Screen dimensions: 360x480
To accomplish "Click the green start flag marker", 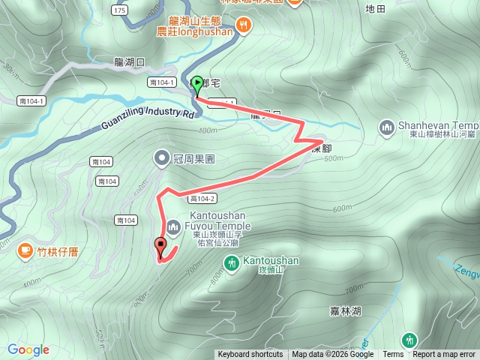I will click(x=197, y=84).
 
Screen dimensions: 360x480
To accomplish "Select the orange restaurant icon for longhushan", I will click(x=244, y=26).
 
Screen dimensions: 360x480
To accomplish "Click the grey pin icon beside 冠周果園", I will click(x=162, y=158).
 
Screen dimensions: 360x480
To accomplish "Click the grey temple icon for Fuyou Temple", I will click(x=173, y=226).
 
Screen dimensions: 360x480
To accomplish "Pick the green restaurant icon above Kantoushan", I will click(x=231, y=262).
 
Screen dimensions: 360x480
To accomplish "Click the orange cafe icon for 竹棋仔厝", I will click(x=25, y=250).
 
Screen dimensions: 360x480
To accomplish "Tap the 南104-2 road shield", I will click(x=203, y=199).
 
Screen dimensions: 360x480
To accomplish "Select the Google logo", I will click(x=28, y=349).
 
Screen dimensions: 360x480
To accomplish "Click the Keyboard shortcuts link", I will click(x=250, y=355).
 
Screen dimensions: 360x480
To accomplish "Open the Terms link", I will click(x=393, y=355).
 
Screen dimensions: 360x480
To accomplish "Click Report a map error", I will click(x=444, y=355).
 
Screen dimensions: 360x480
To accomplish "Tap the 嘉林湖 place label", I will click(x=346, y=310).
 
